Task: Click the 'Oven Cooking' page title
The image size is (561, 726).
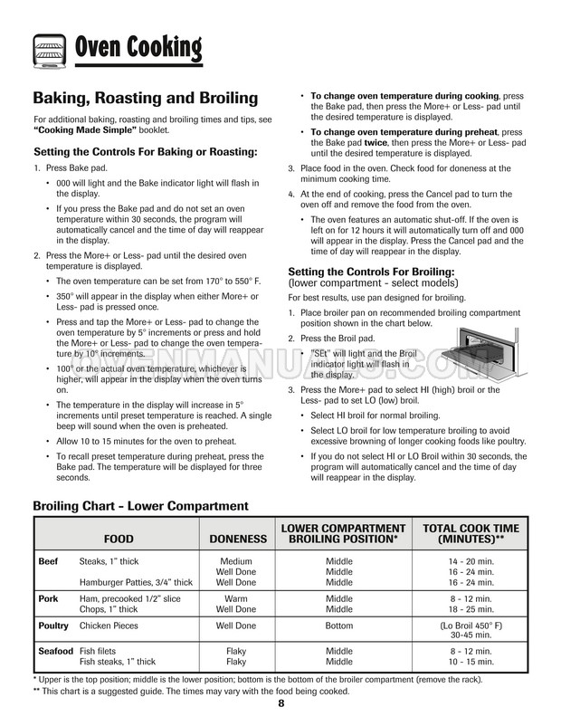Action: tap(138, 45)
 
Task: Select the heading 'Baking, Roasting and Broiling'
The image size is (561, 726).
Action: tap(146, 98)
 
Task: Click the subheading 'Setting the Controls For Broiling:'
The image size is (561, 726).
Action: tap(371, 272)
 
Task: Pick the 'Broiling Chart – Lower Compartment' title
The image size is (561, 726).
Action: tap(140, 506)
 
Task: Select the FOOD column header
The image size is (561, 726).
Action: tap(119, 539)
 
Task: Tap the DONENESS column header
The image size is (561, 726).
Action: tap(238, 539)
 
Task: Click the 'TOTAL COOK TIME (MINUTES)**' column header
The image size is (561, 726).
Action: tap(471, 533)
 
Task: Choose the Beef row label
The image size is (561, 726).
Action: tap(48, 562)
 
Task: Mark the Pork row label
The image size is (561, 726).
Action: tap(48, 599)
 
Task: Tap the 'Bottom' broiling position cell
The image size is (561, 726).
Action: tap(339, 626)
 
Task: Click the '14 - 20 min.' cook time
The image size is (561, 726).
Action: tap(471, 562)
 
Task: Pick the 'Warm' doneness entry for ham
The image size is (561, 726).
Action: tap(236, 599)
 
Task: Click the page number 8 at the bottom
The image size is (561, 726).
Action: tap(281, 703)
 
